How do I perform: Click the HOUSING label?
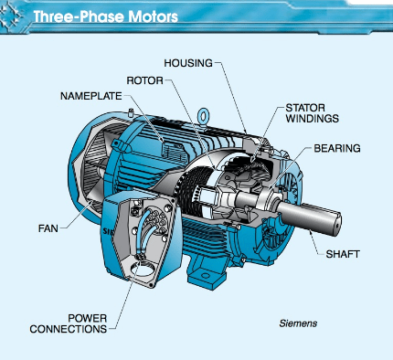tap(188, 63)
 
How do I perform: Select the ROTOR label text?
tap(144, 80)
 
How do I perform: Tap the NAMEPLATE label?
tap(91, 96)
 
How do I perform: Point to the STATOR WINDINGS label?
tap(312, 113)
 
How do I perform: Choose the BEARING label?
tap(337, 148)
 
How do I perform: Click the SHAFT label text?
tap(343, 254)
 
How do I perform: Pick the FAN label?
tap(48, 228)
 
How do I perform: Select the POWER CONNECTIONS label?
tap(69, 323)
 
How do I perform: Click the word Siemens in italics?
tap(298, 323)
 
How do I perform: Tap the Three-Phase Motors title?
tap(105, 16)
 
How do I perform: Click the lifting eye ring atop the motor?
tap(203, 116)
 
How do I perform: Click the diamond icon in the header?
tap(11, 16)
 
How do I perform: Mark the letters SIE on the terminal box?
tap(107, 231)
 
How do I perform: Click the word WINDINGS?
tap(312, 118)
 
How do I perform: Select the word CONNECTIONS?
tap(69, 329)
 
